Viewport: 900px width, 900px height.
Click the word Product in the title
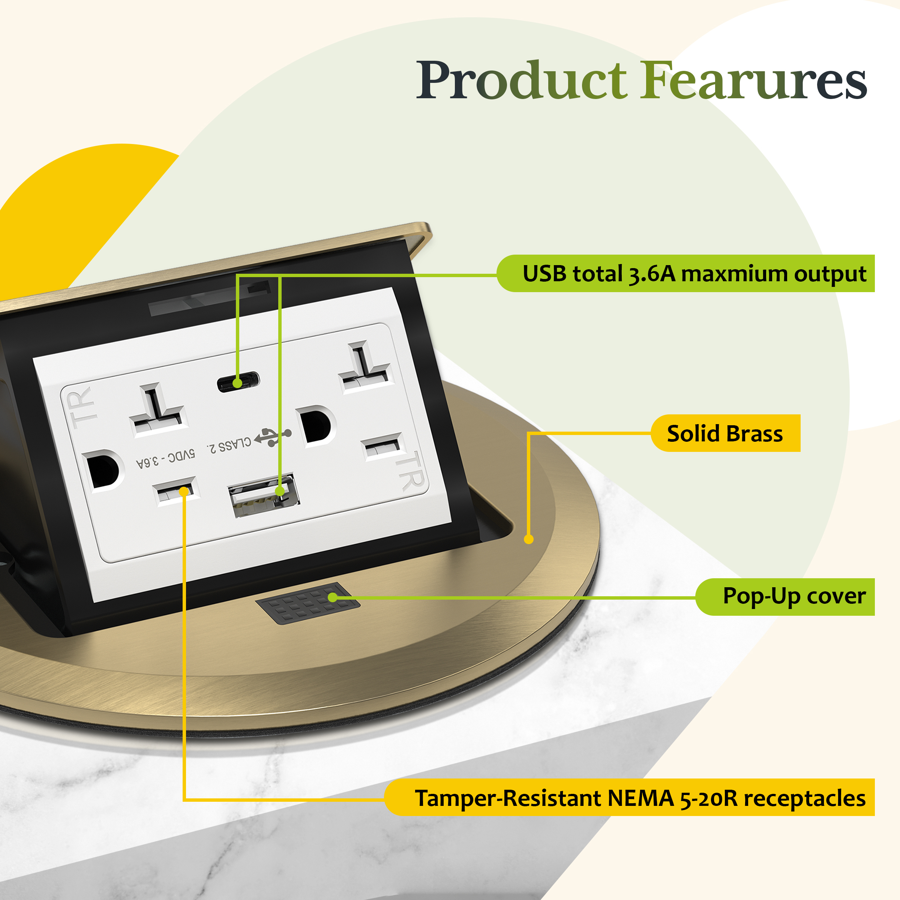[521, 81]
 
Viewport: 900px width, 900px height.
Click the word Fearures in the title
[753, 81]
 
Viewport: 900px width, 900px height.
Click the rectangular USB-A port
[263, 495]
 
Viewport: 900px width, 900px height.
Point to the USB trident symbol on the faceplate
[273, 436]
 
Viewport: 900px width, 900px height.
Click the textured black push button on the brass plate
[307, 603]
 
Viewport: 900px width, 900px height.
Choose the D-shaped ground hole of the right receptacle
[316, 425]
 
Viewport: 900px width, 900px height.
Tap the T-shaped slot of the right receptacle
[365, 367]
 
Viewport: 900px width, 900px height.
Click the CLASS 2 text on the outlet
[229, 444]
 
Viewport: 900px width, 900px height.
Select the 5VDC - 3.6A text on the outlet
[166, 459]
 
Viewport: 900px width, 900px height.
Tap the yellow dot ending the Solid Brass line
[529, 539]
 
